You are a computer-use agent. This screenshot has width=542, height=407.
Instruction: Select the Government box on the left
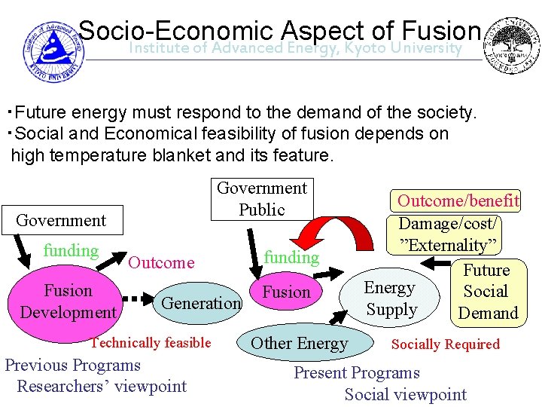pos(61,220)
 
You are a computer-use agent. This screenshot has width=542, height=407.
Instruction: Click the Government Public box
pos(262,198)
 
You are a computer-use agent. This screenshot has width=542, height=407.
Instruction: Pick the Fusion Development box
pos(68,301)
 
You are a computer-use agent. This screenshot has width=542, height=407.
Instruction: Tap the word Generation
pos(201,303)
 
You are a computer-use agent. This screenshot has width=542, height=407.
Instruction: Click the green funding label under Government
pos(71,251)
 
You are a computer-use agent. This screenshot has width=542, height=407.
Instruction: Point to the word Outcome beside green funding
pos(161,262)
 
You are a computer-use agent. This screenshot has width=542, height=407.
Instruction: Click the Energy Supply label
pos(390,298)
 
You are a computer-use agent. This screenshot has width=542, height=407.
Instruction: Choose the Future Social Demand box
pos(487,291)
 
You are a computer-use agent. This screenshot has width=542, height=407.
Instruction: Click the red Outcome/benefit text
pos(458,200)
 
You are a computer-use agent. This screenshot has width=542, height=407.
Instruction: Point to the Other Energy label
pos(299,344)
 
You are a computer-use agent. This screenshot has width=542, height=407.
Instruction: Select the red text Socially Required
pos(445,344)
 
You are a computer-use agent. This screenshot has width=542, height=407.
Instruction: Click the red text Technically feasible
pos(151,343)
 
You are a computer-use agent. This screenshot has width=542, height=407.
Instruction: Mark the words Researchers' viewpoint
pos(102,387)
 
